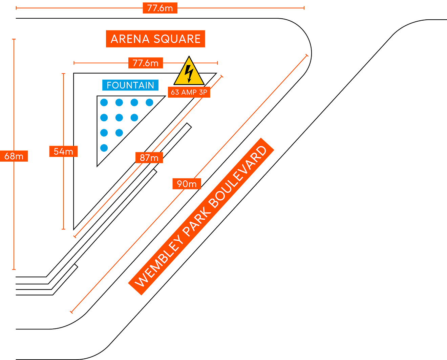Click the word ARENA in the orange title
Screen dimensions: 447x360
[130, 39]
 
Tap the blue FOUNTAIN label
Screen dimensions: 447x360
[130, 85]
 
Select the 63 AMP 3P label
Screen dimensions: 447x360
[189, 92]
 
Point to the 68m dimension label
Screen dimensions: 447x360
[14, 156]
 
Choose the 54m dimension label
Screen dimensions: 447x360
[63, 152]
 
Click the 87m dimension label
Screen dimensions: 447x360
[149, 158]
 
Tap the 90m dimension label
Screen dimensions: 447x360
[187, 184]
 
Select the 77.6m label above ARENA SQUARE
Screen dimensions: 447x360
[160, 8]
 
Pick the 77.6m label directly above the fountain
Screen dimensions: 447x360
[146, 63]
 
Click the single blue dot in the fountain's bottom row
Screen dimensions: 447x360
[104, 148]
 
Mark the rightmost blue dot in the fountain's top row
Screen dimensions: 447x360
[150, 102]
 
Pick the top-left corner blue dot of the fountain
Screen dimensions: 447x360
[104, 102]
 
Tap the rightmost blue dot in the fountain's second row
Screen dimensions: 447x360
[134, 118]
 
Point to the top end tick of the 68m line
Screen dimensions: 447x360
[14, 39]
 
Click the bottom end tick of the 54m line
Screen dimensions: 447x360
[64, 229]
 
